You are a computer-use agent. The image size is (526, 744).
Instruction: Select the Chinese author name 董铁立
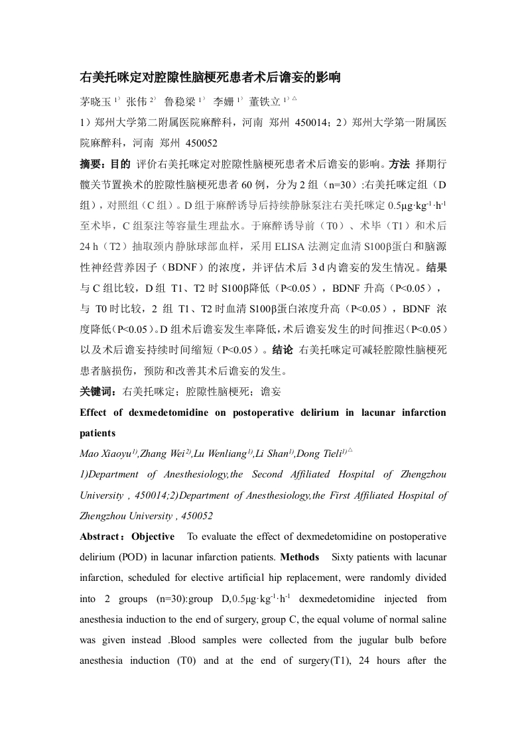point(264,102)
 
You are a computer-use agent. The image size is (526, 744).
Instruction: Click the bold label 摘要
point(92,162)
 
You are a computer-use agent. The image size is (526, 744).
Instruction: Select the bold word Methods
point(300,557)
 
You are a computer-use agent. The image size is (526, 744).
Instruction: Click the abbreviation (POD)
point(125,557)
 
